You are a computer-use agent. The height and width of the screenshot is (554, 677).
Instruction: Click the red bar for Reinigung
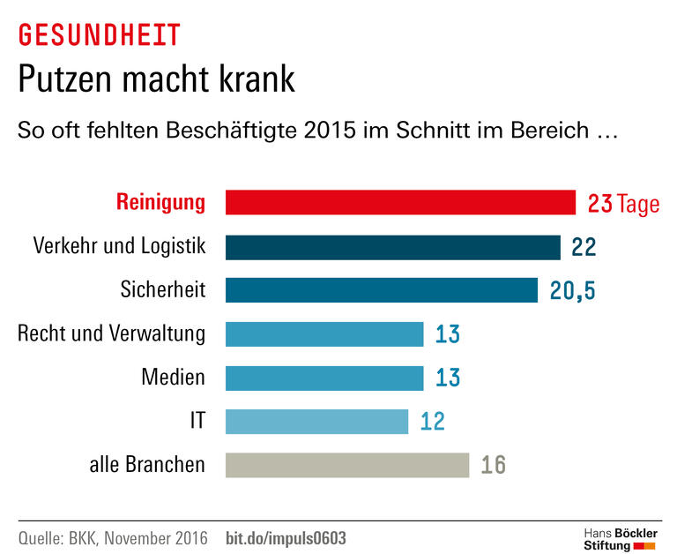pos(400,203)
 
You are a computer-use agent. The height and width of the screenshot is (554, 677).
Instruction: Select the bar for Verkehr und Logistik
pos(392,247)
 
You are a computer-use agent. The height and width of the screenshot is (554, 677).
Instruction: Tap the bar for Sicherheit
pos(381,290)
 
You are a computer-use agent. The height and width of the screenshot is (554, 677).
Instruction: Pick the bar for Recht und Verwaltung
pos(324,334)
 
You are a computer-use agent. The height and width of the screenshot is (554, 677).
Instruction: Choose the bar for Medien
pos(324,378)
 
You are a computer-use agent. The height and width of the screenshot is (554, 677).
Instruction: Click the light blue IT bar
pos(316,421)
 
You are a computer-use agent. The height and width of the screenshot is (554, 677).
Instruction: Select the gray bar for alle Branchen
pos(346,465)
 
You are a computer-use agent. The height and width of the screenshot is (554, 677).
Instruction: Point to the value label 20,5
pos(578,291)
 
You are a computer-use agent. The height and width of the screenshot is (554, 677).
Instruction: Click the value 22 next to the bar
pos(584,248)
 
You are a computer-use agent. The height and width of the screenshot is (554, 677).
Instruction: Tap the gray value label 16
pos(494,465)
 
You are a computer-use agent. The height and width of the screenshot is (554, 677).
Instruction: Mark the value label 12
pos(433,422)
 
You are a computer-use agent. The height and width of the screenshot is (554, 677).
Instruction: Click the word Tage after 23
pos(638,204)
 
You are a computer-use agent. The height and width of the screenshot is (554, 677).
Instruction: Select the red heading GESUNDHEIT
pos(99,35)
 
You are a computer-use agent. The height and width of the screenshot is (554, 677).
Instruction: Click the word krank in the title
pos(252,80)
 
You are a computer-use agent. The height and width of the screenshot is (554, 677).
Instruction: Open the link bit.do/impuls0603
pos(286,537)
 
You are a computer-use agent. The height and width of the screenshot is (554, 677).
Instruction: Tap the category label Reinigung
pos(160,202)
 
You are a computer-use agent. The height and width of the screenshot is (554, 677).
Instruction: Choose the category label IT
pos(197,421)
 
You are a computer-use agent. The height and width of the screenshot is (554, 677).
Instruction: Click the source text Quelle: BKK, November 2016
pos(113,537)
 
